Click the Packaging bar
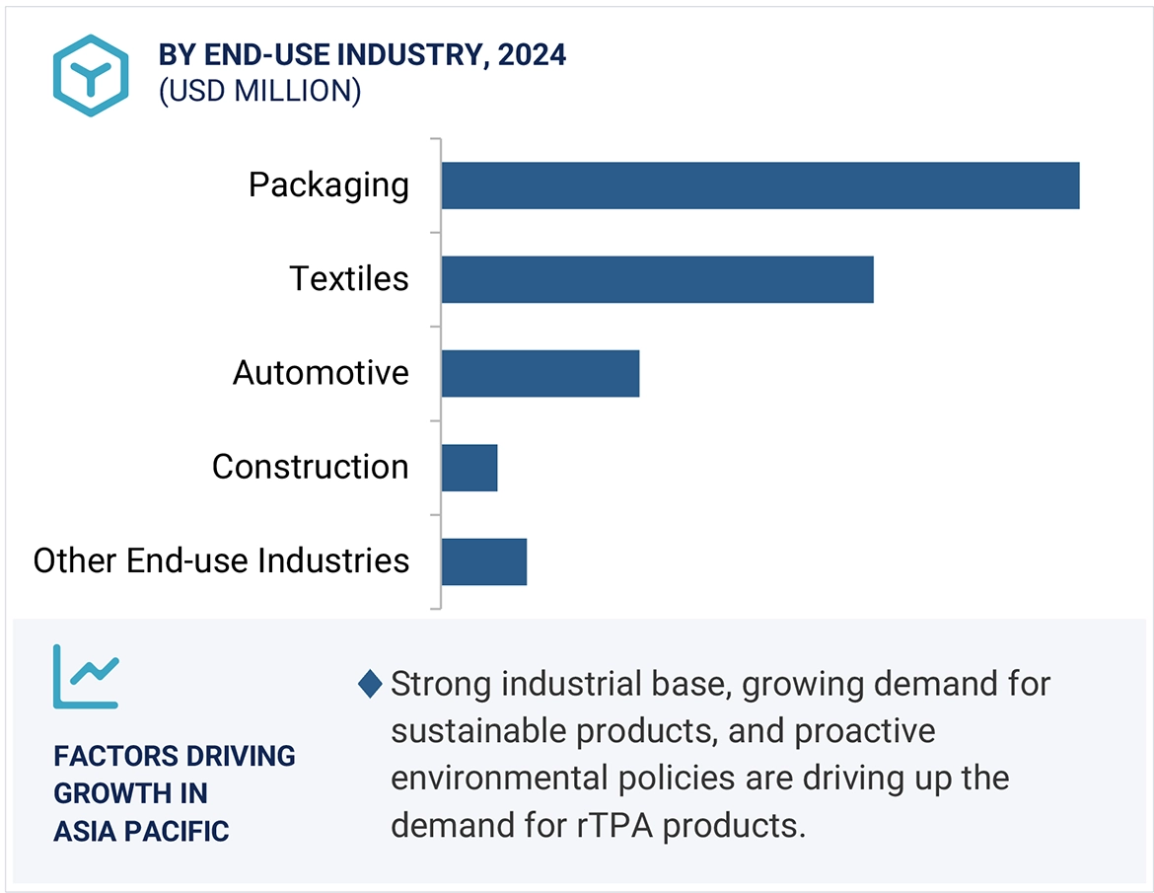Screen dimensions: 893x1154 pyautogui.click(x=759, y=186)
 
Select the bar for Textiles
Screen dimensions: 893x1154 pyautogui.click(x=657, y=279)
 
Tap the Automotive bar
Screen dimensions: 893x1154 pyautogui.click(x=540, y=373)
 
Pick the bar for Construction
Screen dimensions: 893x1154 pyautogui.click(x=469, y=467)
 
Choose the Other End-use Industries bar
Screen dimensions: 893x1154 pyautogui.click(x=483, y=560)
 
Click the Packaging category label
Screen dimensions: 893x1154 pyautogui.click(x=328, y=186)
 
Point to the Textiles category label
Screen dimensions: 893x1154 pyautogui.click(x=349, y=279)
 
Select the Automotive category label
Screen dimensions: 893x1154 pyautogui.click(x=321, y=373)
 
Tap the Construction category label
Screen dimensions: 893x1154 pyautogui.click(x=310, y=467)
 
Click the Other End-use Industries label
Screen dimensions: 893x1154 pyautogui.click(x=221, y=560)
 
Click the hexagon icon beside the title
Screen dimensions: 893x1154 pyautogui.click(x=91, y=76)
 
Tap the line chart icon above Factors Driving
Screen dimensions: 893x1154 pyautogui.click(x=86, y=676)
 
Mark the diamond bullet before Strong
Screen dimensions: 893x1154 pyautogui.click(x=370, y=684)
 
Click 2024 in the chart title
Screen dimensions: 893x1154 pyautogui.click(x=532, y=54)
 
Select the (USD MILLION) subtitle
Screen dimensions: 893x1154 pyautogui.click(x=259, y=91)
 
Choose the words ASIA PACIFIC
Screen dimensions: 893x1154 pyautogui.click(x=141, y=831)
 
